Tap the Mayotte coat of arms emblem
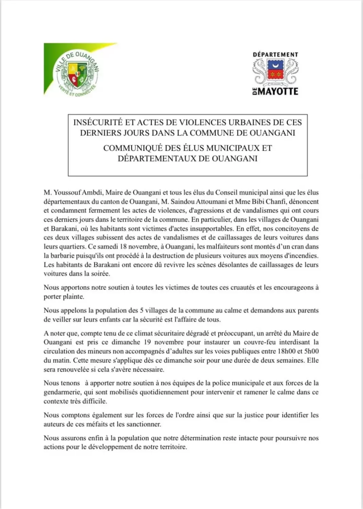(275, 72)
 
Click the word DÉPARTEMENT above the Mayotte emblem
(275, 55)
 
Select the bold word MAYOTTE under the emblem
(278, 91)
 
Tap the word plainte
(73, 297)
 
